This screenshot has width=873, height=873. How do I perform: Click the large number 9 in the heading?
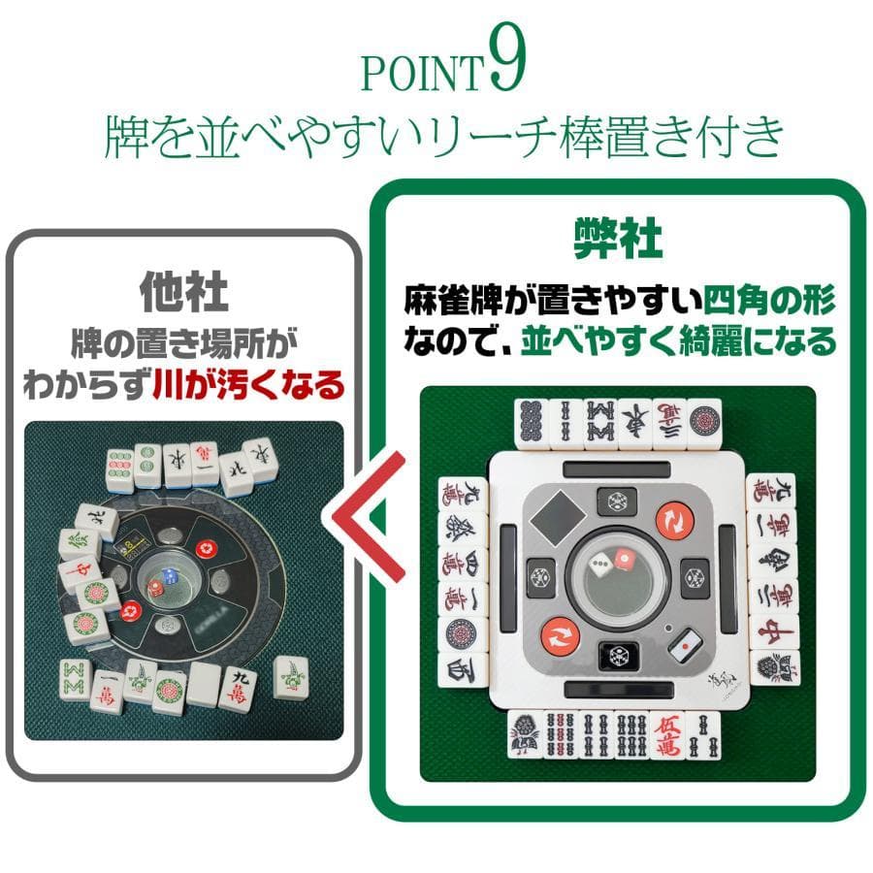[505, 65]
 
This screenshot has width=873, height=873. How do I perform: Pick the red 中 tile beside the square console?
[773, 630]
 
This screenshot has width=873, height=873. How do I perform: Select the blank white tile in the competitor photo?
[203, 685]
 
